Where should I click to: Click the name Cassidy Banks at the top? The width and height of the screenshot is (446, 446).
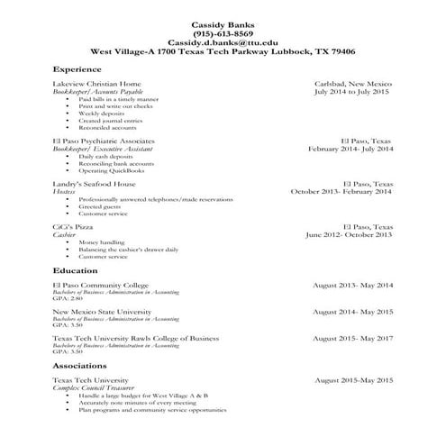click(223, 23)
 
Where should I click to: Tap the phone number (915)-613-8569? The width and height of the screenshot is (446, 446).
click(223, 32)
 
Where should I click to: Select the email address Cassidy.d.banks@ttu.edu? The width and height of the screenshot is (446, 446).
click(223, 42)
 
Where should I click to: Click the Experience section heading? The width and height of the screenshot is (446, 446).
click(77, 68)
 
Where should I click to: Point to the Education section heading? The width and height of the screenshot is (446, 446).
click(76, 270)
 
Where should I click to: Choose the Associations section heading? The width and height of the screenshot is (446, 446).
click(81, 367)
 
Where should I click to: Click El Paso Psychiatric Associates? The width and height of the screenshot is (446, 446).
click(104, 141)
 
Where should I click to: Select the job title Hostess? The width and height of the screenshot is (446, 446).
click(64, 191)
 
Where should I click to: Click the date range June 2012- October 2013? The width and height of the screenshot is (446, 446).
click(349, 234)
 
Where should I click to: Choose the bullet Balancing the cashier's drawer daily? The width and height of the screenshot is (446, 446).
click(129, 250)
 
